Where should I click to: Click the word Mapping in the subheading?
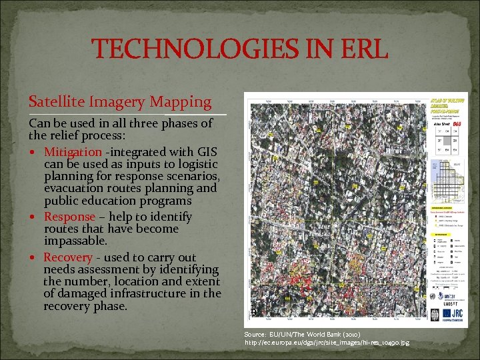pyautogui.click(x=181, y=102)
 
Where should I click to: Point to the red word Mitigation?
pyautogui.click(x=73, y=153)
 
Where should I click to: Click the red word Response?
pyautogui.click(x=69, y=217)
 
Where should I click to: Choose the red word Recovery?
pyautogui.click(x=68, y=257)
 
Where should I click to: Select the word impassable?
pyautogui.click(x=75, y=241)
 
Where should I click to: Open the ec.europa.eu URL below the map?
pyautogui.click(x=327, y=343)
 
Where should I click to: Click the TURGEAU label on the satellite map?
pyautogui.click(x=320, y=234)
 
